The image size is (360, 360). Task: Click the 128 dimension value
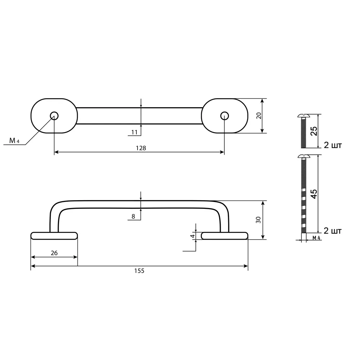point(139,148)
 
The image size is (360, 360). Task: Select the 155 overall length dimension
point(139,271)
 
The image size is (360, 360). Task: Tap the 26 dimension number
point(54,253)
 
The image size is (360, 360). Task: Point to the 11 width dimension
point(134,132)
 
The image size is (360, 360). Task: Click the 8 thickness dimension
point(133,216)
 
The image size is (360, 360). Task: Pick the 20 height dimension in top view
point(258,116)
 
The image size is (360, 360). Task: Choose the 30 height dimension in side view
point(258,220)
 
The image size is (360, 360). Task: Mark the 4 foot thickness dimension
point(193,236)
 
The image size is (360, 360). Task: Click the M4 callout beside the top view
point(14,141)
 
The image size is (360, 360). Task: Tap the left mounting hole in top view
point(54,116)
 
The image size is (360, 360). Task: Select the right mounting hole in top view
point(224,116)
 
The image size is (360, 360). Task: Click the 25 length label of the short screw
point(314,131)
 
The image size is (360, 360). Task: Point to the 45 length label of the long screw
point(314,194)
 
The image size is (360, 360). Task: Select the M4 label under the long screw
point(316,238)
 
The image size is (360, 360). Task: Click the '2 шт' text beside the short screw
point(332,145)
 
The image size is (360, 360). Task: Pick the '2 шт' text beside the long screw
point(332,231)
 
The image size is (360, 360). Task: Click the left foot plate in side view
point(54,236)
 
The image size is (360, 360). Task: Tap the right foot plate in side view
point(225,236)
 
